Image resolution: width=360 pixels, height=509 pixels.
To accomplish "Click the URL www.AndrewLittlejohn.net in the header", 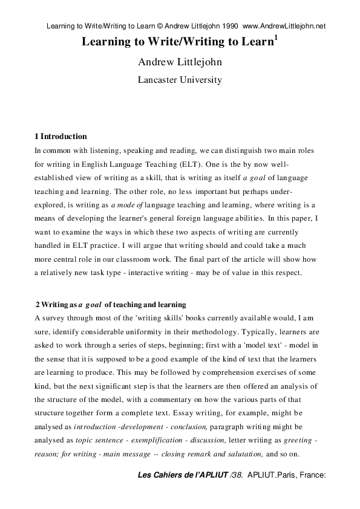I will pos(284,26).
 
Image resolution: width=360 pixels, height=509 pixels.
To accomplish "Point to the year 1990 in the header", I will pos(227,26).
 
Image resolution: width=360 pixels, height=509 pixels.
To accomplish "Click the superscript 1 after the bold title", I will pos(276,37).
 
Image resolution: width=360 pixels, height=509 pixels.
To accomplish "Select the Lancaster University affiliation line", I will pos(180,79).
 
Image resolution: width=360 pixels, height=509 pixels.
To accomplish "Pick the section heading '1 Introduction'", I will pos(61,137).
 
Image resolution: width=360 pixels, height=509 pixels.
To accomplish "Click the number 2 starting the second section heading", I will pos(38,304).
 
